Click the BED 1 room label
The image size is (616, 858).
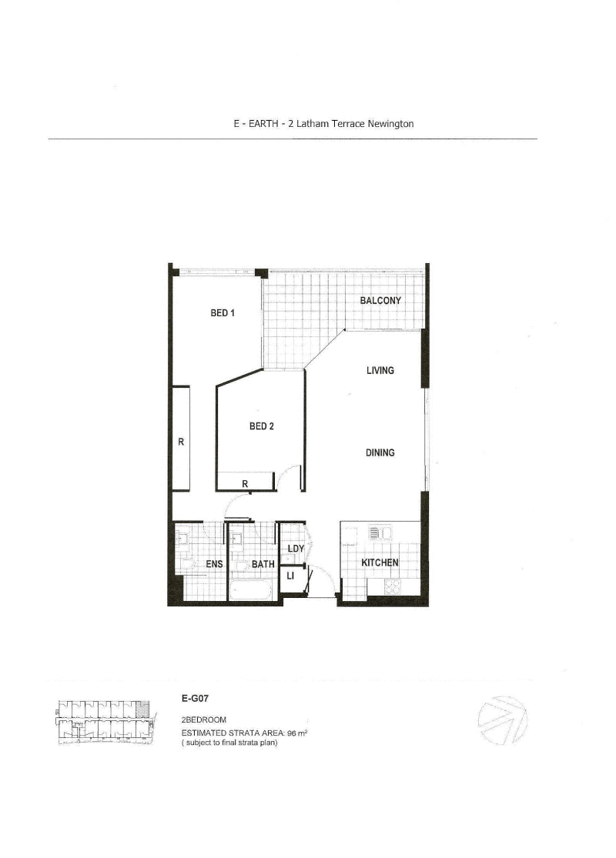(x=223, y=313)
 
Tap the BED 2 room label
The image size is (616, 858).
(x=261, y=426)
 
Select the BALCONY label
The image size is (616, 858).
(x=380, y=300)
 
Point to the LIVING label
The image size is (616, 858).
(x=380, y=370)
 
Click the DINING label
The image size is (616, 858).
(x=380, y=452)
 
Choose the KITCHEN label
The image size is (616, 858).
(x=380, y=563)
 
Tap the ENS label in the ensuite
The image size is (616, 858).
(x=214, y=563)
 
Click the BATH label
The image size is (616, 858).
(x=263, y=563)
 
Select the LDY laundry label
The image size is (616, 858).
(x=296, y=549)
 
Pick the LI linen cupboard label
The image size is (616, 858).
(x=290, y=576)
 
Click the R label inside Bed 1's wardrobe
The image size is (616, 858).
(x=181, y=442)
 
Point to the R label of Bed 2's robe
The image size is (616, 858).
(x=245, y=484)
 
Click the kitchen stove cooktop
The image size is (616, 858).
(x=393, y=586)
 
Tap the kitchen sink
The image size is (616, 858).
(x=380, y=533)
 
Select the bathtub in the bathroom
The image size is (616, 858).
(x=249, y=590)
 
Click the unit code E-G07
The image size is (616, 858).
(x=195, y=698)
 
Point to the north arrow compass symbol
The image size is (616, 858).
(x=503, y=720)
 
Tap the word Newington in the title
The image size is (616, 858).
(x=390, y=124)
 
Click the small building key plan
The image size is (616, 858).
(x=105, y=723)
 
